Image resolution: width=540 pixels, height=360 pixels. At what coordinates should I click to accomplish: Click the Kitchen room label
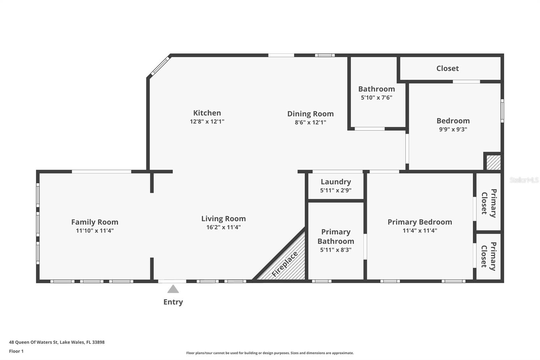(207, 113)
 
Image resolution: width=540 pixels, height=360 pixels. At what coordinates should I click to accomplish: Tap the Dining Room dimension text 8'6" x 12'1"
(310, 122)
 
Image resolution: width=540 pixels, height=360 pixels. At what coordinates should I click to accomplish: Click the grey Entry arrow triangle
(173, 289)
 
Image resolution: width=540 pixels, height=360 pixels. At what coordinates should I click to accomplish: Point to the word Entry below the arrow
(173, 302)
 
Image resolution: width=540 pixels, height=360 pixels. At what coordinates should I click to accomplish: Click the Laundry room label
(335, 182)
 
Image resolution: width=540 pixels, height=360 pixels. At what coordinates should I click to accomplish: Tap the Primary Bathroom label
(335, 236)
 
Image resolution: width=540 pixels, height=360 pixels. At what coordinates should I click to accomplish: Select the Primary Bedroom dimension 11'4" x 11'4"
(420, 230)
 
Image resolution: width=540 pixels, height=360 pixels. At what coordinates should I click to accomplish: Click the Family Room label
(94, 222)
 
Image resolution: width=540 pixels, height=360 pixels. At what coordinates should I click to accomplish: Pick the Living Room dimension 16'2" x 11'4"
(223, 227)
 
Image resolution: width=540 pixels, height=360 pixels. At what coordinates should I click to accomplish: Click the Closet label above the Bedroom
(447, 68)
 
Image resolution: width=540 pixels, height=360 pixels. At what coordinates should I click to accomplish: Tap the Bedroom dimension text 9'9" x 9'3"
(453, 129)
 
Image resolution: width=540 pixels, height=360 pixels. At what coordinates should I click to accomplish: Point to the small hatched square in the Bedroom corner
(493, 162)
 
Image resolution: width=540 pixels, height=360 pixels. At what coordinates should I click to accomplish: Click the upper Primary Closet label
(489, 203)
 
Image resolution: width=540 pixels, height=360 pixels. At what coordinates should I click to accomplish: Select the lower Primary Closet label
(489, 256)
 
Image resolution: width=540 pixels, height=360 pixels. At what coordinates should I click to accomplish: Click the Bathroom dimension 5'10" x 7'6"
(376, 98)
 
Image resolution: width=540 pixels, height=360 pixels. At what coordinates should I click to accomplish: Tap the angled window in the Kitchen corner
(160, 66)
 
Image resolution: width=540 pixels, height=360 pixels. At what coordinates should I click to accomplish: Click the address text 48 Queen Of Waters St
(57, 342)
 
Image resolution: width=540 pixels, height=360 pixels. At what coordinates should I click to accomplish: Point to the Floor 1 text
(16, 351)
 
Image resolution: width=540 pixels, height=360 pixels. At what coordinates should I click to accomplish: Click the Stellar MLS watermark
(524, 180)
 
